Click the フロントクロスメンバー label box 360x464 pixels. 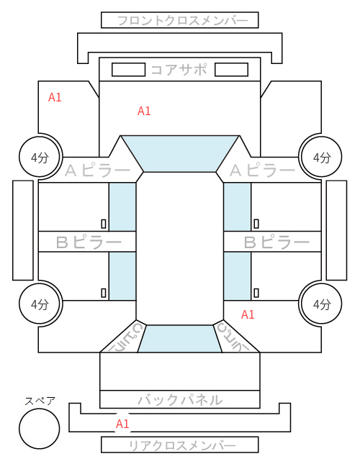(x=180, y=20)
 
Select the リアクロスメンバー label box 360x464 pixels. (x=180, y=445)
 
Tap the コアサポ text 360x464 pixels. (x=179, y=70)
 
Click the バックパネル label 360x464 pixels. (x=180, y=400)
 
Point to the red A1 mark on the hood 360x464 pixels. (x=144, y=111)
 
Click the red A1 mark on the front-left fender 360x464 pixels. (x=55, y=97)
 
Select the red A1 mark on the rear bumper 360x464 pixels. (x=122, y=424)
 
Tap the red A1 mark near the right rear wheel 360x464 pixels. (x=248, y=314)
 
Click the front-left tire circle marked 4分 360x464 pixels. (x=40, y=157)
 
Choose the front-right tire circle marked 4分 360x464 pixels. (x=321, y=157)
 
